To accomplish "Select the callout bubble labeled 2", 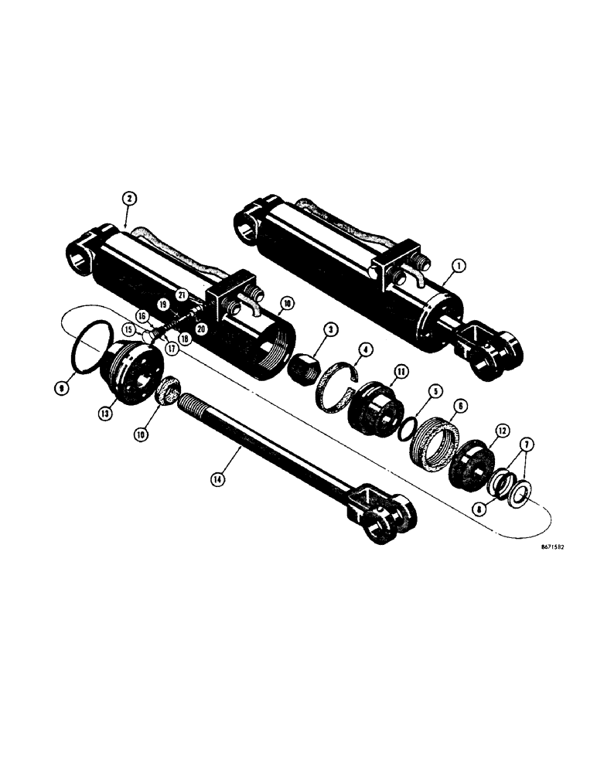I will [x=129, y=199].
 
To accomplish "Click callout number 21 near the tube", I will [x=182, y=294].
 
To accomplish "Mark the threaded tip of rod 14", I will [x=193, y=404].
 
